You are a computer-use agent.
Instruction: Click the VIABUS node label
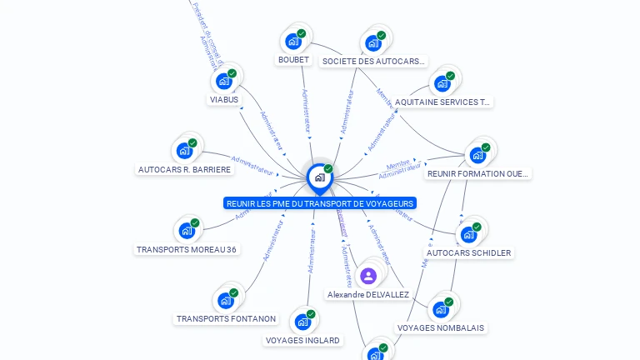(x=223, y=100)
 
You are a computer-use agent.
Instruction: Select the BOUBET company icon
(x=292, y=41)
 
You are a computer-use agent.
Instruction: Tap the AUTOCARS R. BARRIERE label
(x=184, y=170)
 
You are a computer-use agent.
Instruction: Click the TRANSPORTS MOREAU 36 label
(x=187, y=249)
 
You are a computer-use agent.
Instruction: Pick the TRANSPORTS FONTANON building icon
(x=225, y=300)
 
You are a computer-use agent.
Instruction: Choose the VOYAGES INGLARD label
(x=302, y=340)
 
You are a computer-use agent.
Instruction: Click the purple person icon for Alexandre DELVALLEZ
(x=368, y=276)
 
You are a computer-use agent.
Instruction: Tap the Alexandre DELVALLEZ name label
(x=368, y=295)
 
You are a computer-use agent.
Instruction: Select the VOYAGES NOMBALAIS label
(x=440, y=327)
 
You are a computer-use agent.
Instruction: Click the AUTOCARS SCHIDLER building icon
(x=467, y=234)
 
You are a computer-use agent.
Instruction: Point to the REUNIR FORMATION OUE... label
(x=477, y=174)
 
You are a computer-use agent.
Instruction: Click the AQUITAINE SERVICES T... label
(x=442, y=102)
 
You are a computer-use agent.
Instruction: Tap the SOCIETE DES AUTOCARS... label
(x=374, y=61)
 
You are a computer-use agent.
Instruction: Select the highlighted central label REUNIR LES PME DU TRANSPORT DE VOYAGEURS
(x=320, y=203)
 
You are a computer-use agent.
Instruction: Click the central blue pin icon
(x=319, y=177)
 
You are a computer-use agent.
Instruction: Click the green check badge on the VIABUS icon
(x=232, y=73)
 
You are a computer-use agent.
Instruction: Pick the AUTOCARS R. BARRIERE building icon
(x=183, y=152)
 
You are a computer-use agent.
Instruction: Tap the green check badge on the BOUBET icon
(x=301, y=33)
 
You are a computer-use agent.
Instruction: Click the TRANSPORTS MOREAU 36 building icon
(x=186, y=231)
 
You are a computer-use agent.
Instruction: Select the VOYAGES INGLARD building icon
(x=302, y=322)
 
